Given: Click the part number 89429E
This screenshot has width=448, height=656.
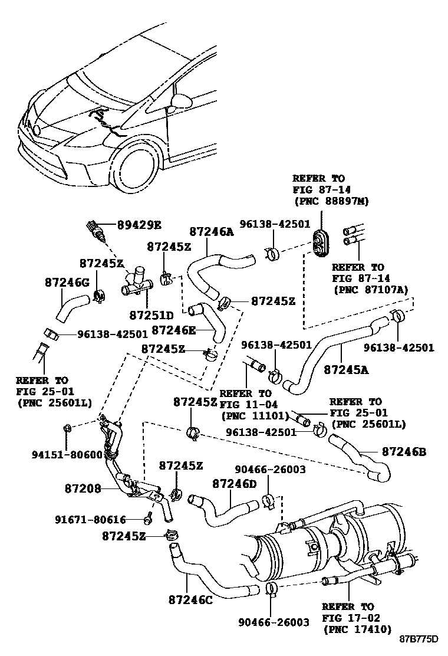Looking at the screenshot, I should pos(139,224).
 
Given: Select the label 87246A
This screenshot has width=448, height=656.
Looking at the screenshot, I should pos(211,232).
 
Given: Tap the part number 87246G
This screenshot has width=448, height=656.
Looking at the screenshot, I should pos(67,283).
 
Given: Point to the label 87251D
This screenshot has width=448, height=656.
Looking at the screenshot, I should pos(151,316).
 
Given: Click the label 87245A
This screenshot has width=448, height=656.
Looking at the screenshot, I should pos(346,370).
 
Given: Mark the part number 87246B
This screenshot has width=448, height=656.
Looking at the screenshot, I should pos(404,452).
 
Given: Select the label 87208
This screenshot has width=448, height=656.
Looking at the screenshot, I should pos(83,488).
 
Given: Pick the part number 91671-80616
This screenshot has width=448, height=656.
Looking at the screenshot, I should pos(91,520).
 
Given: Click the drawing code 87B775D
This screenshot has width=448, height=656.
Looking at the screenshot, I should pos(419,639).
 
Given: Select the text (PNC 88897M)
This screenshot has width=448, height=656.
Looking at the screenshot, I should pos(331,201).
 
